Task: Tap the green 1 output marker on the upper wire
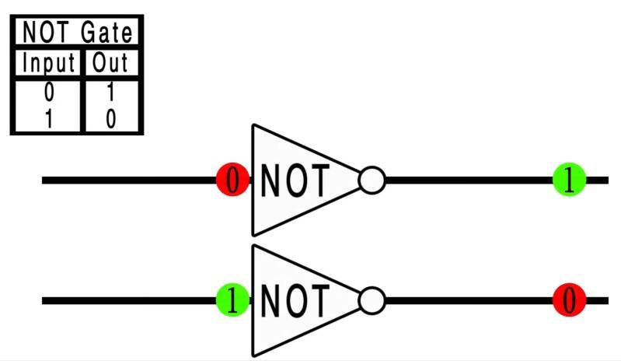click(x=569, y=180)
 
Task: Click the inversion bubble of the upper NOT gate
click(x=372, y=180)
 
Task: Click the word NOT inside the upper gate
click(x=295, y=180)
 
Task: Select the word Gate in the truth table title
click(x=109, y=33)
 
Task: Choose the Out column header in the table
click(x=110, y=62)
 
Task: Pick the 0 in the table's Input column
click(x=49, y=93)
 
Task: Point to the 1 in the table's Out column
click(x=110, y=93)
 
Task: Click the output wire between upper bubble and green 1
click(x=466, y=180)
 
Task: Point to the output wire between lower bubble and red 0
click(x=466, y=300)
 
